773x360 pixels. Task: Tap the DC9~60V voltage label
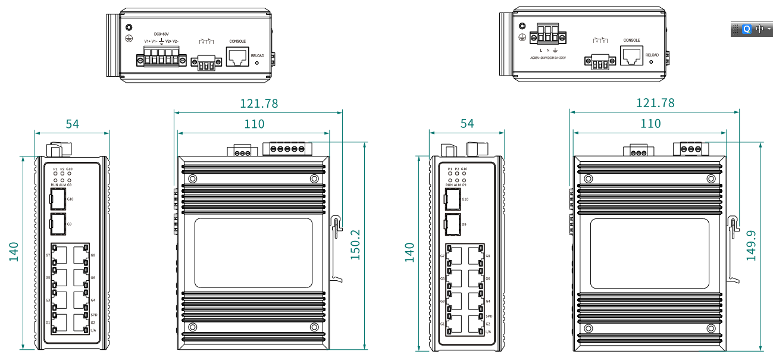tap(162, 34)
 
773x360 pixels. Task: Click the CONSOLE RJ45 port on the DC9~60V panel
tap(237, 57)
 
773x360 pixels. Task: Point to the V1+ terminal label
tap(147, 41)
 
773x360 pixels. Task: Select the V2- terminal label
tap(176, 41)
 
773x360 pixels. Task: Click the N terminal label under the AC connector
tap(548, 51)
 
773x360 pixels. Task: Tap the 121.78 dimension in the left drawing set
tap(259, 104)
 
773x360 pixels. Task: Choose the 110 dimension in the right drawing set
tap(650, 123)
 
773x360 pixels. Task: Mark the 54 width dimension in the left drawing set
tap(73, 124)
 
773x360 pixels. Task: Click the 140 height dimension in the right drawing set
tap(409, 252)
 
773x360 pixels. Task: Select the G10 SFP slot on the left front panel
tap(58, 200)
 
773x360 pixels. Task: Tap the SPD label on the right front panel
tap(489, 316)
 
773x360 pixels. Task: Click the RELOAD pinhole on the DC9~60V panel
tap(257, 62)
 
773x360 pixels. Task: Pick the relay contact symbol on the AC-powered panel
tap(600, 40)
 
